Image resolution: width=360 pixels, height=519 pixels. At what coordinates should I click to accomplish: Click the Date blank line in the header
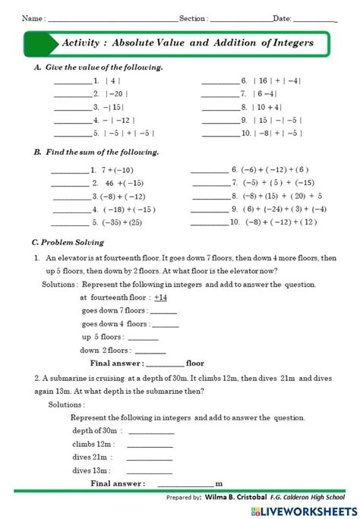314,19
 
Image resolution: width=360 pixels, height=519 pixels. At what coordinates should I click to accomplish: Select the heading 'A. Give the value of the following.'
98,67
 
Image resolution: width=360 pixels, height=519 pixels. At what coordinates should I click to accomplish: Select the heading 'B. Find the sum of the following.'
96,152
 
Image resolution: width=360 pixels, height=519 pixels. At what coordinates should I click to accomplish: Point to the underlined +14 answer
160,297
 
